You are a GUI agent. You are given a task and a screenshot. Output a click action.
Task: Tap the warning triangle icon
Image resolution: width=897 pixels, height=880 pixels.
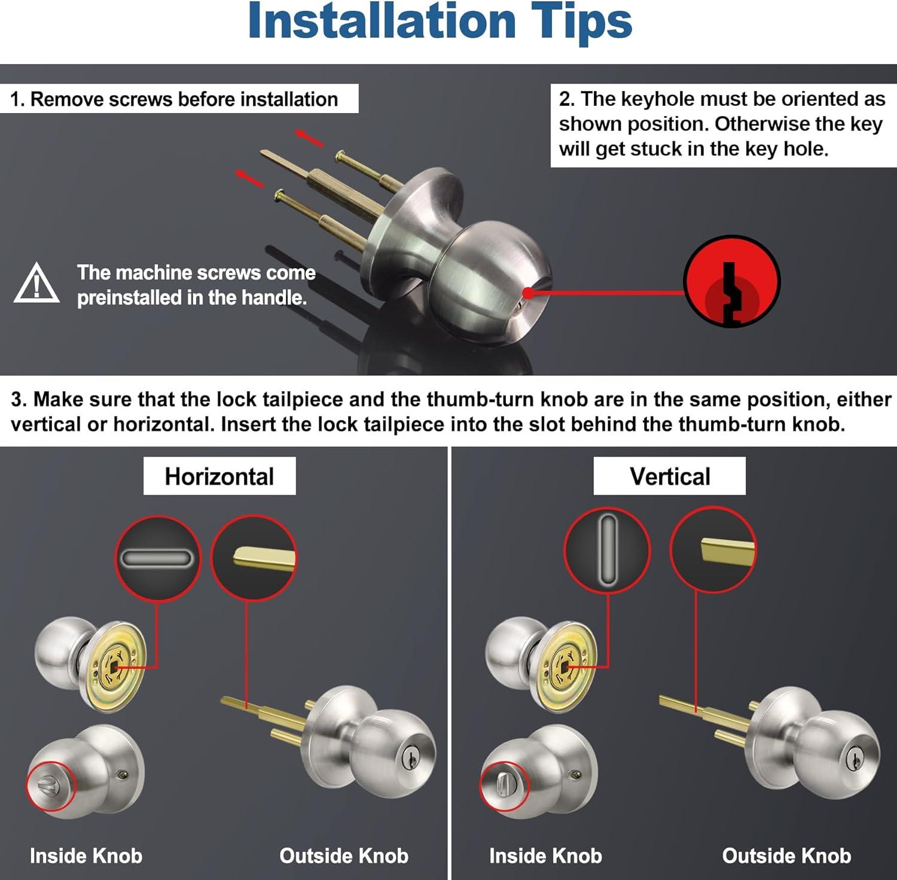pos(36,284)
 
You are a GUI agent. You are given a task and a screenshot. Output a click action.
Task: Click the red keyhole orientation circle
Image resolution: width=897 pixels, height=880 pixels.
pos(731,281)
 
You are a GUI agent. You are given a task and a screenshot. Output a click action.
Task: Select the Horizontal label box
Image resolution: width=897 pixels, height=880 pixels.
pos(219,476)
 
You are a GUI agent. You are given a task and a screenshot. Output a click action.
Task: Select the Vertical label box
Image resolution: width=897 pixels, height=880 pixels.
pos(669,476)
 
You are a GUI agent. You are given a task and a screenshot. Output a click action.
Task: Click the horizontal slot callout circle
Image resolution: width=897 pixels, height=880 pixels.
pos(157,559)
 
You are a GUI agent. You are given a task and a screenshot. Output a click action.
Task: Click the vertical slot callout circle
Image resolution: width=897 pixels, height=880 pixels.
pos(607,550)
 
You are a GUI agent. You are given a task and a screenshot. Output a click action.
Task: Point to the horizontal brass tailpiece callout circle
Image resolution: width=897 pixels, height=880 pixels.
pos(254,558)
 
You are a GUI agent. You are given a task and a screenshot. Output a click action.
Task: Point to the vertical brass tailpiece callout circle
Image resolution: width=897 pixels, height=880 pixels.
pos(713,550)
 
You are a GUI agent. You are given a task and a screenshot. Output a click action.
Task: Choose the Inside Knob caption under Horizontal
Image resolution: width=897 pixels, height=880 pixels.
pos(86,855)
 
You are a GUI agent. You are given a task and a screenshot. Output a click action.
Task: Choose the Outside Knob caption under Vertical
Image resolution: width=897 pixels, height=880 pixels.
pos(786,855)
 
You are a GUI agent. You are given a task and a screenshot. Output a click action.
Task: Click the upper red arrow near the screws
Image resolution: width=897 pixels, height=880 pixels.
pos(310,138)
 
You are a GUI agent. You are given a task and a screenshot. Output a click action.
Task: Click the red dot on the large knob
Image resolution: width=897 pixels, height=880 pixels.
pos(528,293)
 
